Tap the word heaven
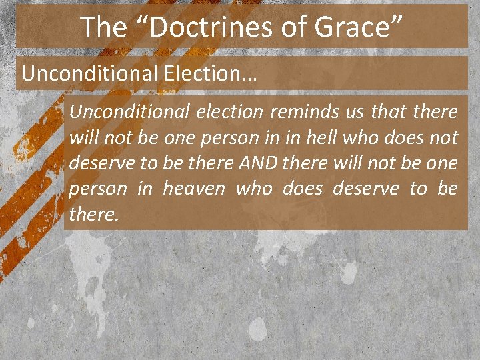(x=193, y=189)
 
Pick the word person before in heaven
(x=98, y=189)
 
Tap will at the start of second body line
(x=83, y=138)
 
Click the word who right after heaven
(x=255, y=189)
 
